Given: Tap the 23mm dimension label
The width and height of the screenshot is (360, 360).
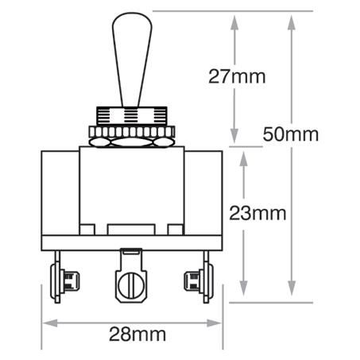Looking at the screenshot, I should click(x=257, y=213).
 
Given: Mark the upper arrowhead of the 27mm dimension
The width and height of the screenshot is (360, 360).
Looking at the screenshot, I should click(x=234, y=21).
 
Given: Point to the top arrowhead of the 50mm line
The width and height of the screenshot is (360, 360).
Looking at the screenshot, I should click(x=293, y=21).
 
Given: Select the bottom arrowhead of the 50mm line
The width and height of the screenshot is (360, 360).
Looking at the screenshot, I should click(x=293, y=296).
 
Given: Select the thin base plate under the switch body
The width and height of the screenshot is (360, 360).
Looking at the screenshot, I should click(x=131, y=242).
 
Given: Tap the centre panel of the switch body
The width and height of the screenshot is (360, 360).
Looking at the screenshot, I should click(x=131, y=191).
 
